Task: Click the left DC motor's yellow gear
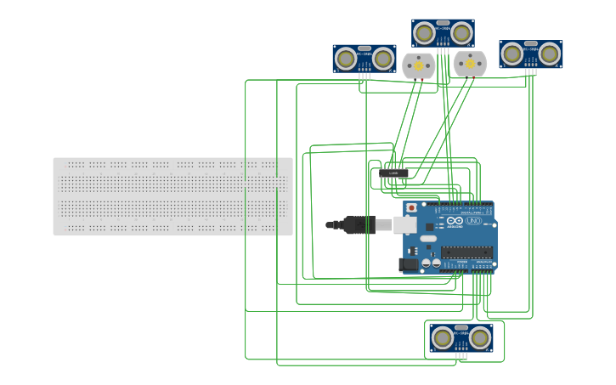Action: click(418, 65)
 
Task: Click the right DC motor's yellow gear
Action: click(470, 64)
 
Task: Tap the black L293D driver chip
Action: click(393, 173)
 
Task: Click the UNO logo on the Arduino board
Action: click(474, 221)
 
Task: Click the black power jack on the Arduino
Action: click(408, 264)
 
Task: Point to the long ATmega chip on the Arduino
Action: click(466, 252)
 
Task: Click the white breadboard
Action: click(172, 196)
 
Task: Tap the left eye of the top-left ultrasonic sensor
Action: click(346, 59)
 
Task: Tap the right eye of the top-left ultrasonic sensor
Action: click(383, 59)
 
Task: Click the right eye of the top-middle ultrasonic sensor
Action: click(461, 33)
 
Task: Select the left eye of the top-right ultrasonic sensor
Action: click(512, 54)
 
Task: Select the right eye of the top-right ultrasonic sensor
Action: click(550, 54)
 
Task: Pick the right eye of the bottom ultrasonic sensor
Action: click(480, 338)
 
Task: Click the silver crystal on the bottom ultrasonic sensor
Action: click(461, 327)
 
